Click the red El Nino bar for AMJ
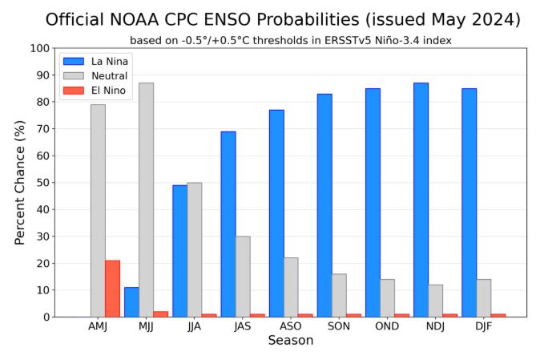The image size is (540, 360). [x=112, y=289]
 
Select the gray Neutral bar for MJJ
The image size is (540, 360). [x=146, y=200]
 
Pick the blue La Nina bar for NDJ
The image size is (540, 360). [x=421, y=200]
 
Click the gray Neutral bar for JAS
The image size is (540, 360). [x=243, y=277]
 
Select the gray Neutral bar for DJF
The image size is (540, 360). [x=484, y=298]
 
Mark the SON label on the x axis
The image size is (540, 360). [x=339, y=328]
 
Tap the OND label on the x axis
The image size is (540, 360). [x=387, y=328]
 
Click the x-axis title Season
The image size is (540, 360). [x=290, y=341]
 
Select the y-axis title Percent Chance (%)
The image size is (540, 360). [x=19, y=183]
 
